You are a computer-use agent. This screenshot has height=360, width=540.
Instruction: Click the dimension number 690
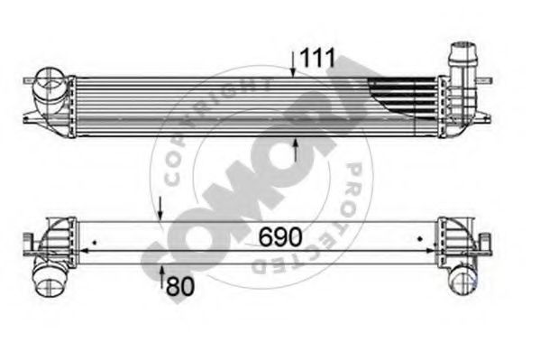(280, 237)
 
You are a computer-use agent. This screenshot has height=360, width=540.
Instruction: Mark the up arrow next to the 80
(160, 280)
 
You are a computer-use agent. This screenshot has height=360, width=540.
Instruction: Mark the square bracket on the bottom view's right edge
(488, 243)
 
